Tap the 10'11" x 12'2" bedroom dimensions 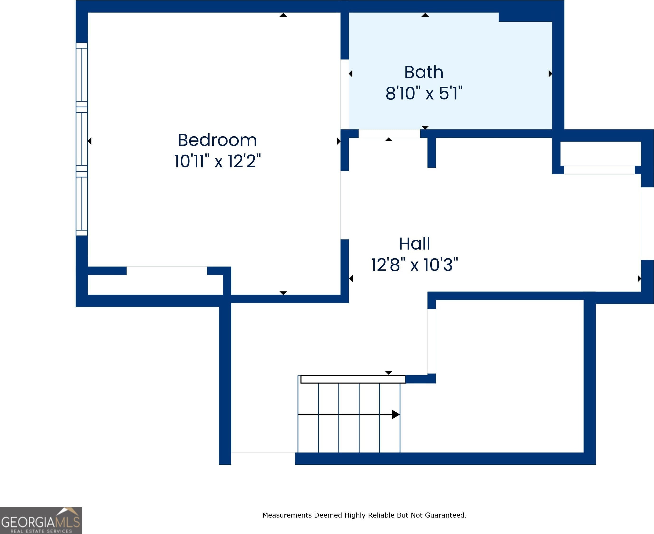point(217,161)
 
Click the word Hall point(414,244)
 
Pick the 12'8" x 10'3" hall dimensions point(414,265)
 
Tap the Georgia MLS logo point(41,520)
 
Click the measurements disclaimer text point(364,515)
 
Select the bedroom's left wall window point(82,139)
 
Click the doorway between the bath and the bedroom point(345,94)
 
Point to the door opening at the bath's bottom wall point(389,133)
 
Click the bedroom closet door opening point(167,271)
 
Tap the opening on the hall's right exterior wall point(647,224)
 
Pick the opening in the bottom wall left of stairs point(263,458)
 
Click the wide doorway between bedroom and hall point(345,205)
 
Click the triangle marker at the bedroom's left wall point(90,141)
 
